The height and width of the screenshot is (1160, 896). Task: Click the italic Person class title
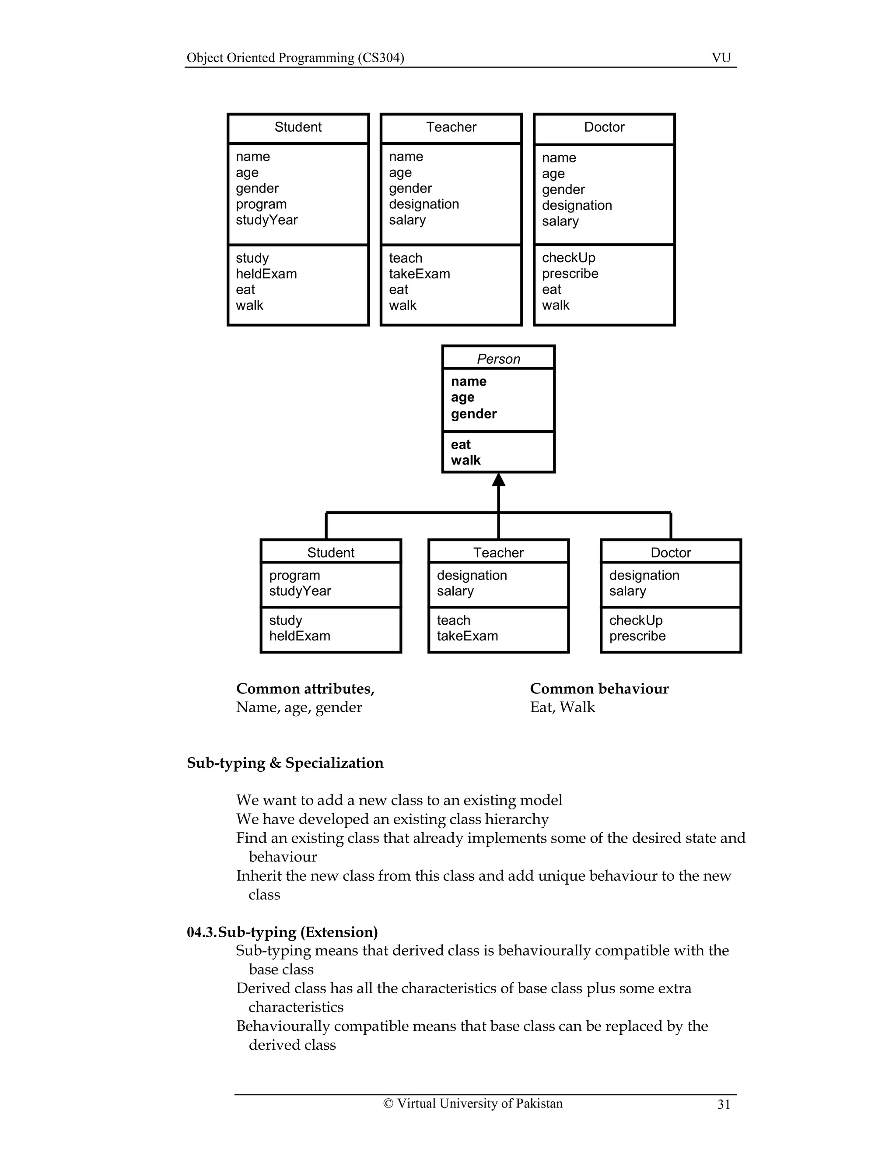498,359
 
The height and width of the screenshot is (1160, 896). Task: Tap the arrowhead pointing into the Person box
498,480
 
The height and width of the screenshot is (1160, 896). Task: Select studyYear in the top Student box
266,220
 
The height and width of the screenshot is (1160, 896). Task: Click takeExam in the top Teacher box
419,274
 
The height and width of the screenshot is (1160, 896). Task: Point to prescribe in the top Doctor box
570,274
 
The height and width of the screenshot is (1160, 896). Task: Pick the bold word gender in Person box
474,414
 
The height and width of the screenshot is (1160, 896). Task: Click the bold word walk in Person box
465,460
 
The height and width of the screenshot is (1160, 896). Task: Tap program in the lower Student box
294,575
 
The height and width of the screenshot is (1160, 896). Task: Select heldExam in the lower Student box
299,636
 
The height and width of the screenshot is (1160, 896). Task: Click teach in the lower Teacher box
453,620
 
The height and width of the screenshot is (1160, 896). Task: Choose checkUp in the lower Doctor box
636,620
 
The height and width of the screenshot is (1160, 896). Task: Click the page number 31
724,1104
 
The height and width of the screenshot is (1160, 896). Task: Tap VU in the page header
721,58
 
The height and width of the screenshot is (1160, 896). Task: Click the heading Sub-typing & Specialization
285,763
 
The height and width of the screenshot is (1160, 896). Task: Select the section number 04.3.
202,932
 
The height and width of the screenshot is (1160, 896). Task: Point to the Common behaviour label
599,689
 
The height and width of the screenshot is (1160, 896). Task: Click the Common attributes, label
305,689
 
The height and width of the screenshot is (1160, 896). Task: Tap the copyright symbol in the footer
388,1103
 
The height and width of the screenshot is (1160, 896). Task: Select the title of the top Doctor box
604,127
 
